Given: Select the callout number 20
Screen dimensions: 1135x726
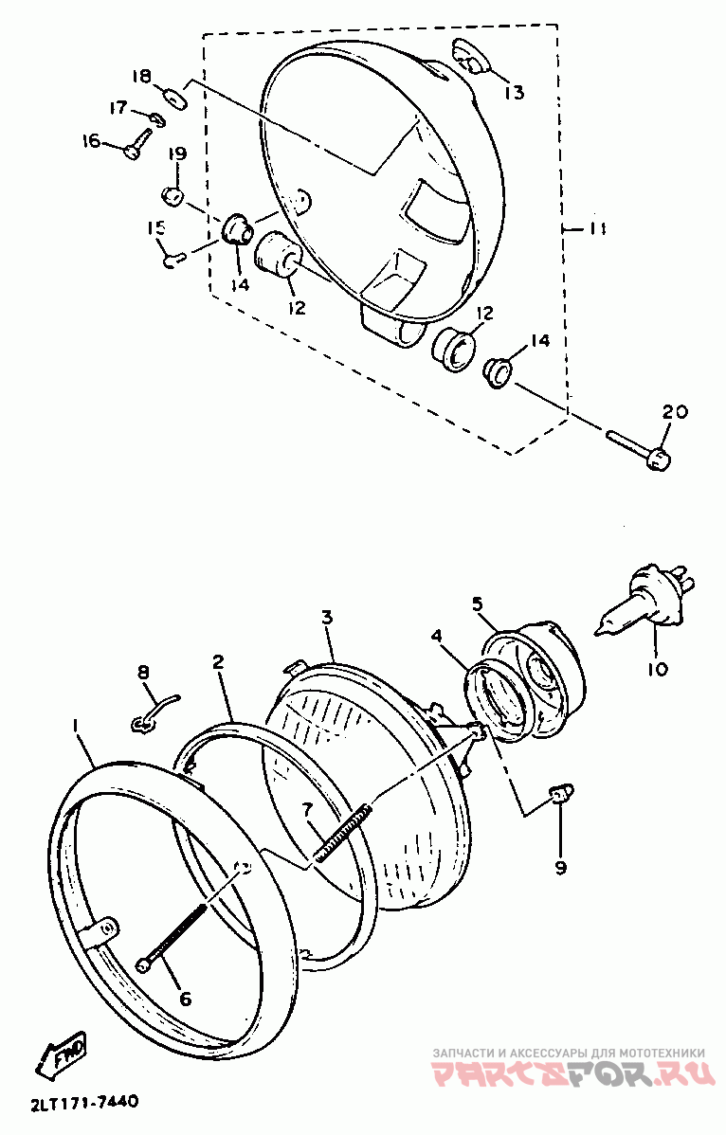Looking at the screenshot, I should pos(675,412).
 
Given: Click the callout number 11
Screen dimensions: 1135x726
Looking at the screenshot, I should pos(597,229).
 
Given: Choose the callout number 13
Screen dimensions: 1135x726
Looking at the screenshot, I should pos(514,92).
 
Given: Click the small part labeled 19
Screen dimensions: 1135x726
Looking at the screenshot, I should pos(172,196).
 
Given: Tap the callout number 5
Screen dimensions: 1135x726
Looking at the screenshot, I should pos(478,603).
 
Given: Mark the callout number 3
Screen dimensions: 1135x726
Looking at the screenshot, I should pos(326,618).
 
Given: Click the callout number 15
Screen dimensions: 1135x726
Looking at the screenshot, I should pos(155,227).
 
